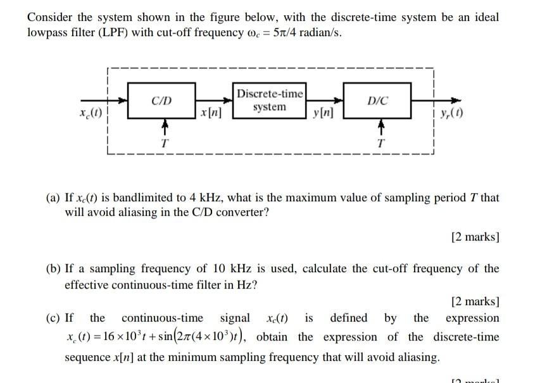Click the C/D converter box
coord(162,100)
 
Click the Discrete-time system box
coord(269,100)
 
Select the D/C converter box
coord(378,100)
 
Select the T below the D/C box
coord(380,143)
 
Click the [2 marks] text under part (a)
coord(475,237)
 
